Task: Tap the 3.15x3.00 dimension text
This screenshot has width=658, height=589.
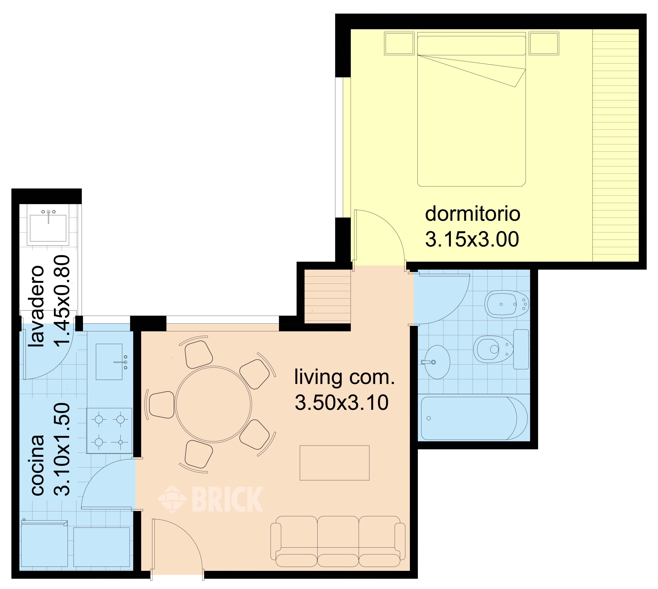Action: [472, 239]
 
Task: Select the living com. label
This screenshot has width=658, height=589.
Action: [345, 377]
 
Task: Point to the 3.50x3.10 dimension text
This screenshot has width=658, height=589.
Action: [342, 403]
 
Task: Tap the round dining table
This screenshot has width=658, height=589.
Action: [214, 405]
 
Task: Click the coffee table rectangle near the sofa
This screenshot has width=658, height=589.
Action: [334, 463]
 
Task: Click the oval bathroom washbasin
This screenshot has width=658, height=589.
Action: [437, 362]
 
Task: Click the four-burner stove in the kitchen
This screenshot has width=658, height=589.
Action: [109, 431]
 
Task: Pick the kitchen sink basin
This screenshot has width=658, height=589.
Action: [109, 362]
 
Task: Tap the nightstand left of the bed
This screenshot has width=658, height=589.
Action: [399, 43]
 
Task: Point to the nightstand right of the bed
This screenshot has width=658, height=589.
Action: [544, 43]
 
